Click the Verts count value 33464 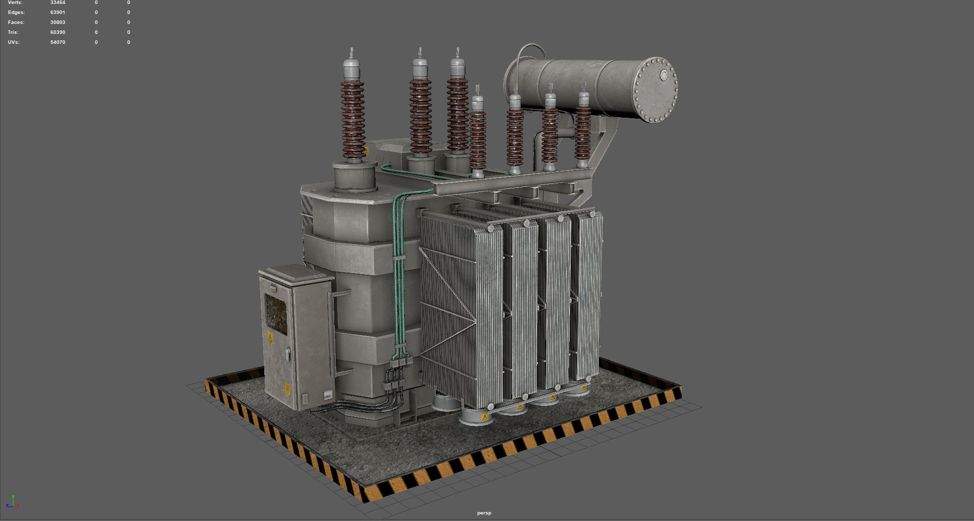58,2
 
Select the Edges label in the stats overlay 16,12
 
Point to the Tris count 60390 58,32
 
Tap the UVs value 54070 58,42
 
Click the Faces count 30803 58,22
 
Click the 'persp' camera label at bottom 484,513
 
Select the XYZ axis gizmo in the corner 12,502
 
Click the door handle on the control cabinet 288,354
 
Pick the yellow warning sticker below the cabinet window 271,338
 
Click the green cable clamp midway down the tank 398,258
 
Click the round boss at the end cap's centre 664,75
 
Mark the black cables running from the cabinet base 359,406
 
